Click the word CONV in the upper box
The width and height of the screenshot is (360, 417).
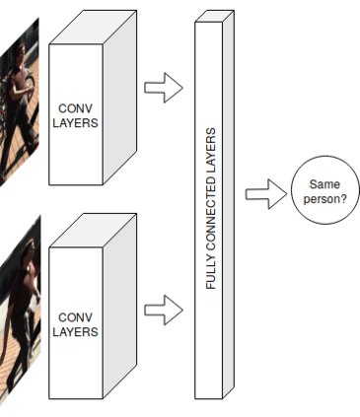tap(75, 108)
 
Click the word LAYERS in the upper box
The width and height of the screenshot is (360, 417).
tap(75, 123)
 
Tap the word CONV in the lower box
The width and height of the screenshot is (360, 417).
tap(75, 317)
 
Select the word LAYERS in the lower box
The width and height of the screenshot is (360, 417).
tap(75, 332)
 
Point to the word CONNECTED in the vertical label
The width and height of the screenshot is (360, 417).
tap(211, 218)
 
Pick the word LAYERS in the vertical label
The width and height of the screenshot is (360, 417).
tap(211, 151)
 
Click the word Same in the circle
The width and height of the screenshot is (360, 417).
tap(324, 184)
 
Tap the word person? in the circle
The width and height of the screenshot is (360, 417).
tap(324, 199)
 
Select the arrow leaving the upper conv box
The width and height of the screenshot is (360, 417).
tap(164, 88)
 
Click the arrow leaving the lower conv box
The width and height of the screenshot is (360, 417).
tap(164, 310)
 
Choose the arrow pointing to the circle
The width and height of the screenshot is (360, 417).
tap(266, 194)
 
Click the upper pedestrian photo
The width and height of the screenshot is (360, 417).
tap(19, 103)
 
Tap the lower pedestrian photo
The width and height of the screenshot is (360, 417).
tap(20, 309)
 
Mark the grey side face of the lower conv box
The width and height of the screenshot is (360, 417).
tap(119, 307)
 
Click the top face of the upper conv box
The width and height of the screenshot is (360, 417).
tap(93, 28)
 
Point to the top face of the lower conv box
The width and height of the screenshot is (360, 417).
tap(93, 231)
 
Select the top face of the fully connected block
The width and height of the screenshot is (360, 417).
tap(214, 16)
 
